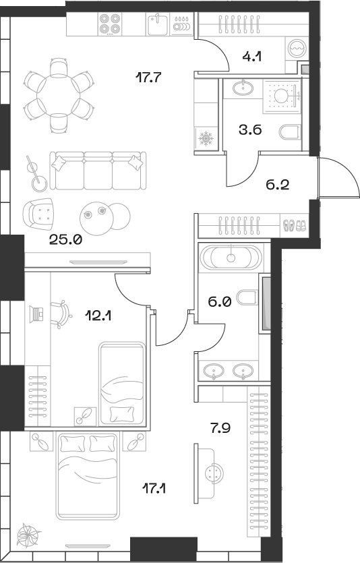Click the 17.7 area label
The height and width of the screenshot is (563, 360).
(148, 78)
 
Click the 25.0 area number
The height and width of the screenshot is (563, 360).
(65, 239)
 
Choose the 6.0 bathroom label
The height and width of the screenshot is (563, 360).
(220, 303)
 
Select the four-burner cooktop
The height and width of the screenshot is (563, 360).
(110, 24)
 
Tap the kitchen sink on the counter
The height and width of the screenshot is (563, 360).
(158, 25)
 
